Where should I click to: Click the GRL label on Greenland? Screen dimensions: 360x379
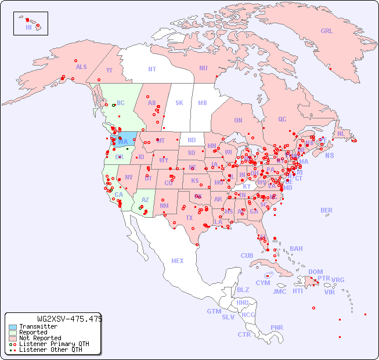tap(327, 31)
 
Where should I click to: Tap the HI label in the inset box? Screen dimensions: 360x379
tap(28, 27)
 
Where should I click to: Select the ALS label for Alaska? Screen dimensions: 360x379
tap(81, 67)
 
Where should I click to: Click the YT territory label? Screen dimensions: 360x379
tap(109, 70)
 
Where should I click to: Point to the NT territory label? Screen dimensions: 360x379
tap(151, 69)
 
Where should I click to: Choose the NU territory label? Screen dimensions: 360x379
tap(203, 68)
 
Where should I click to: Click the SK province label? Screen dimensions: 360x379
tap(179, 103)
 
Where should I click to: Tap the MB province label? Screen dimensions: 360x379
tap(202, 103)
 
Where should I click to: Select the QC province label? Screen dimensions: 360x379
tap(282, 119)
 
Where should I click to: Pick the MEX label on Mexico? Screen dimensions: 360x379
tap(178, 261)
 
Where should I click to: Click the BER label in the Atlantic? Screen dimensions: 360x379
tap(326, 210)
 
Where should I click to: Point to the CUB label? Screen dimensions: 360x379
tap(247, 255)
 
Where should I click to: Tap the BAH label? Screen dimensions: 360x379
tap(296, 249)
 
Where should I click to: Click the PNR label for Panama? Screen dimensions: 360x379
tap(277, 327)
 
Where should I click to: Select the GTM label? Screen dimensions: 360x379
tap(214, 311)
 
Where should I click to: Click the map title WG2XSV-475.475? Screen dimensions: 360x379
tap(70, 319)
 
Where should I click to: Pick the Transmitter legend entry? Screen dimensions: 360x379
tap(38, 326)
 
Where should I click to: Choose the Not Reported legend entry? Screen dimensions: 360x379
tap(40, 338)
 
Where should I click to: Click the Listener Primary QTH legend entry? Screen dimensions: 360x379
tap(49, 344)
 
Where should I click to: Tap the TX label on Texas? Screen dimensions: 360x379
tap(189, 218)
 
